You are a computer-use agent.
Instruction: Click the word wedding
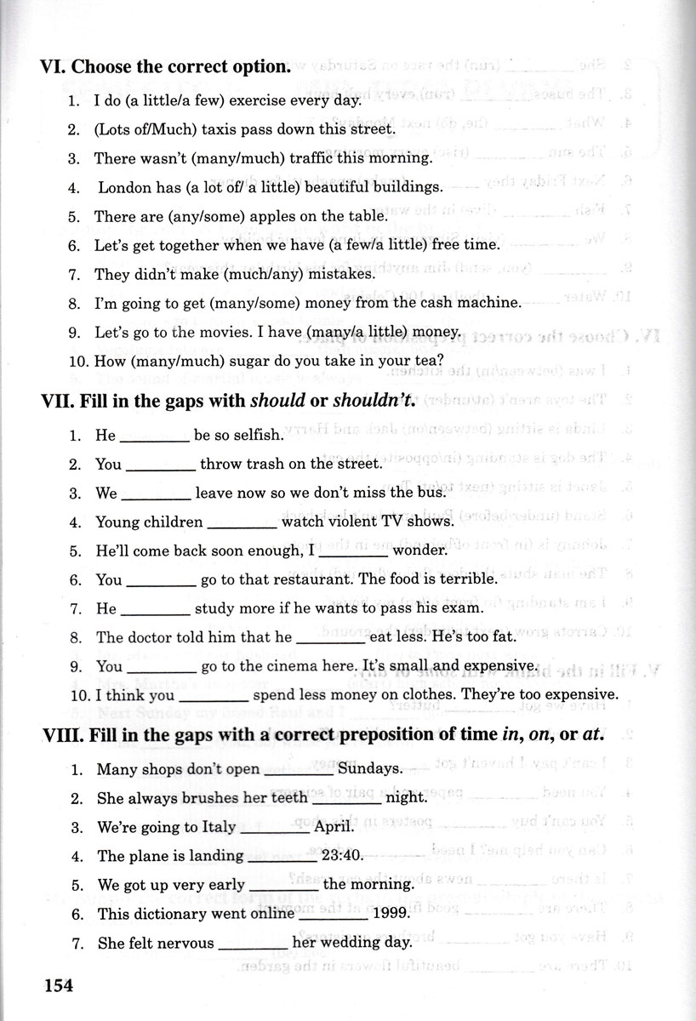click(x=337, y=943)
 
